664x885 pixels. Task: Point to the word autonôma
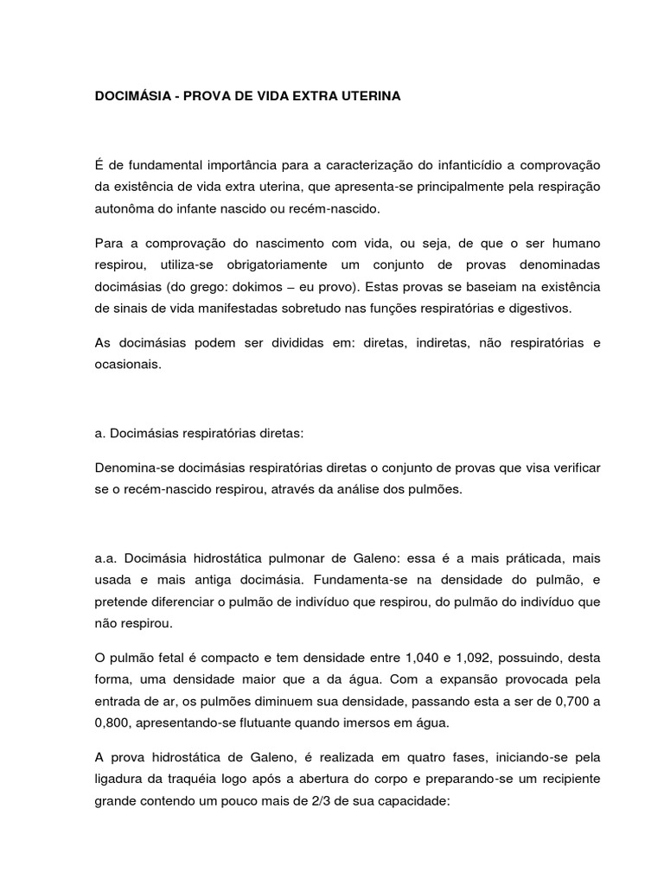pos(125,209)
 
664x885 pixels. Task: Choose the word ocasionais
pos(127,366)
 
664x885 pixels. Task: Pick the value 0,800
pos(114,724)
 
